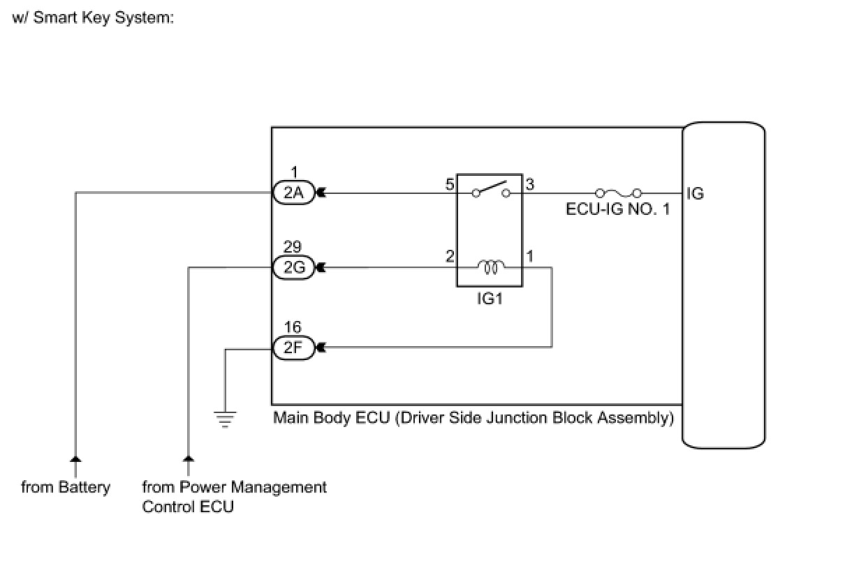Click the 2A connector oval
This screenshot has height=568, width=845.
pos(293,193)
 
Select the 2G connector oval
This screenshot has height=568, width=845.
pos(293,268)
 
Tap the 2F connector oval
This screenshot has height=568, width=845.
pos(293,347)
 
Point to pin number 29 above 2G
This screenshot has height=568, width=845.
pos(293,247)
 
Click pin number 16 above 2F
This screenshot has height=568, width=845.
pos(293,327)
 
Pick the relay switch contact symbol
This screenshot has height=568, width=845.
pos(491,190)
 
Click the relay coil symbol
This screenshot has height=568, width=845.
pos(491,267)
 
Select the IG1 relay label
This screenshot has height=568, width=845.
pos(490,299)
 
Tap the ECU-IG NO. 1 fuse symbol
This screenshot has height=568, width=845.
pos(618,193)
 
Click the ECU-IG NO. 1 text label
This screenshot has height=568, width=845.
pos(618,209)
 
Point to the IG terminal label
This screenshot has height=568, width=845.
pos(695,194)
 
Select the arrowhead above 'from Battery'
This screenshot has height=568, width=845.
pos(75,458)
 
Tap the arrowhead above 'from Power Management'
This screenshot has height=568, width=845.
pos(189,458)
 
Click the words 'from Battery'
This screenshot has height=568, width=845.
pos(66,487)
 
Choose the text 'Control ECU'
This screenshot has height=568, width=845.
pos(188,507)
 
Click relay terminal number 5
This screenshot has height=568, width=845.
pos(450,184)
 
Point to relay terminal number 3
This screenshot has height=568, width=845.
pos(530,184)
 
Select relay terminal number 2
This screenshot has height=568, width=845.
pos(450,256)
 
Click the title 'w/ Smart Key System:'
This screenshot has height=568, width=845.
pos(93,17)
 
